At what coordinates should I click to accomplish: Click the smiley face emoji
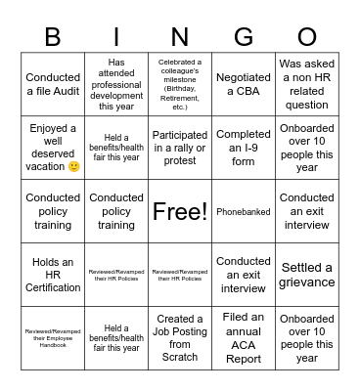pos(74,167)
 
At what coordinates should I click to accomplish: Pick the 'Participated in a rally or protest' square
pos(180,148)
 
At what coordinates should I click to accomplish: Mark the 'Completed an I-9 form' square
pos(244,148)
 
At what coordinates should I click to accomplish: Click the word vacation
pos(45,167)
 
